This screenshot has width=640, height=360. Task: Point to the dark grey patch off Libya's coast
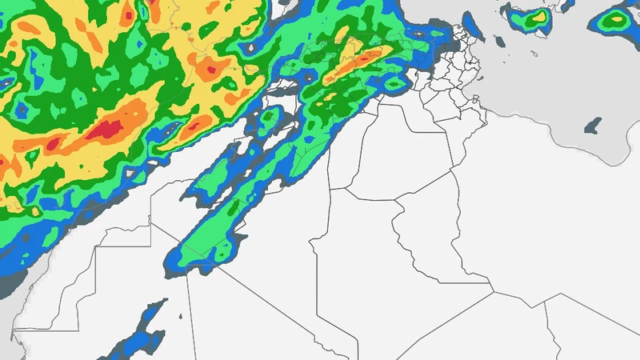[593, 126]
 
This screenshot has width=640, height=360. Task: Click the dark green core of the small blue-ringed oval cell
[269, 120]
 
